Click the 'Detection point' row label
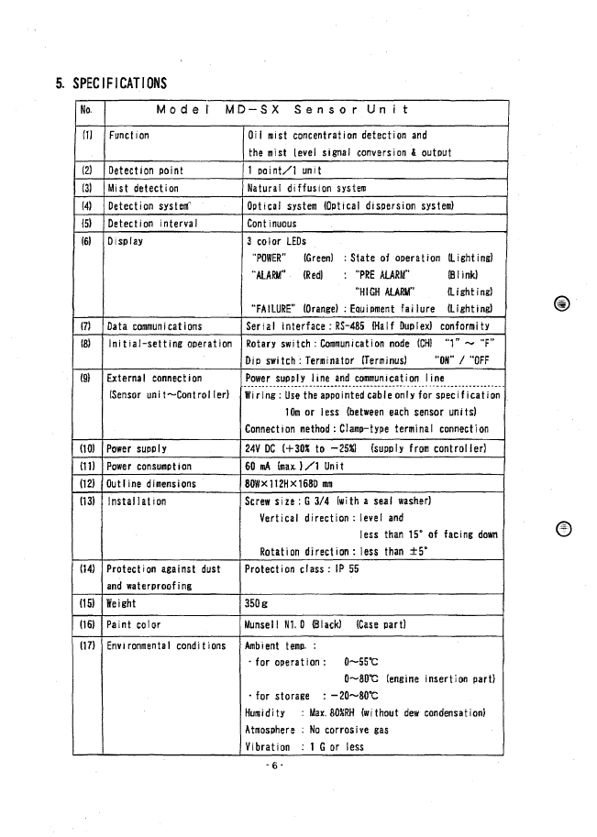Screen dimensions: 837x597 click(145, 171)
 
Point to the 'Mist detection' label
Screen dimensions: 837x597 click(143, 188)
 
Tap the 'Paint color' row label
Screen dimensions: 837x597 click(134, 624)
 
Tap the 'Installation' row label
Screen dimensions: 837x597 click(138, 501)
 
